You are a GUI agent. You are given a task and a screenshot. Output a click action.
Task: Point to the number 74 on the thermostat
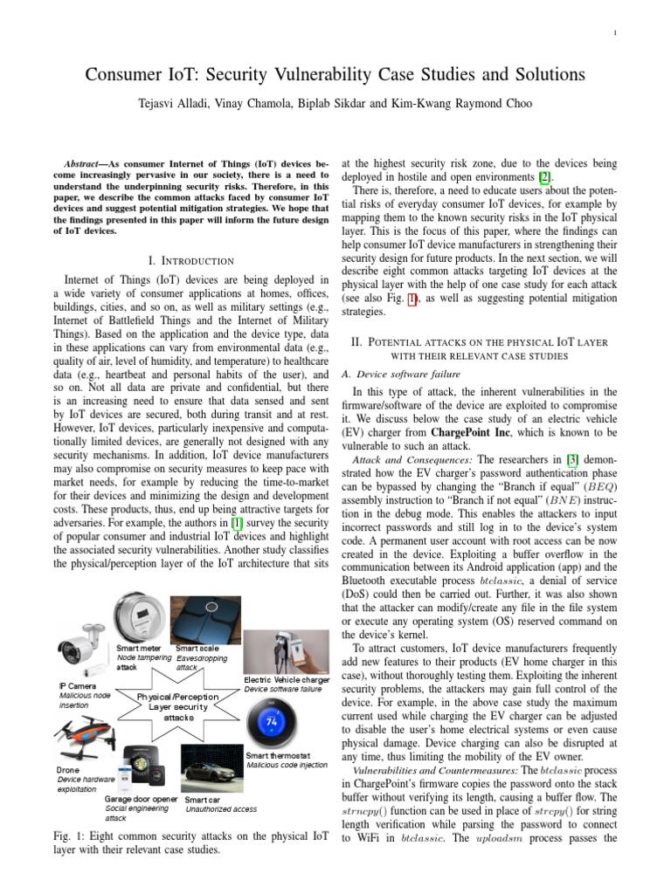[x=271, y=722]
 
